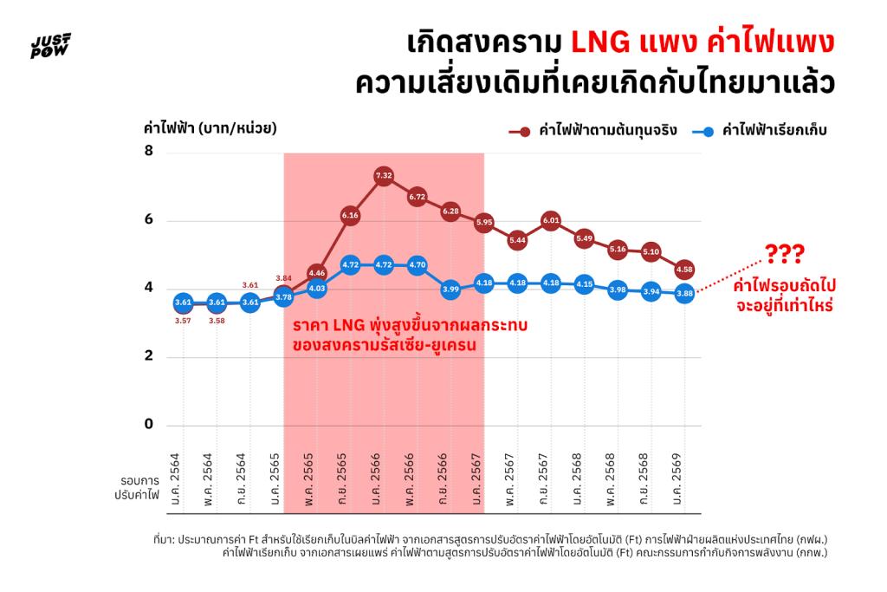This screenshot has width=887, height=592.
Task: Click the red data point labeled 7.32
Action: pos(384,176)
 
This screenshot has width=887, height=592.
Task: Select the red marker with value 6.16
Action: pos(350,215)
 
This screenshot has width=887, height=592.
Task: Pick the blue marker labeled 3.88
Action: pos(684,294)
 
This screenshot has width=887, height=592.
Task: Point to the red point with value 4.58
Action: pos(684,270)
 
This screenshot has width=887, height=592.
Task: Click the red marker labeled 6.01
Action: pos(551,220)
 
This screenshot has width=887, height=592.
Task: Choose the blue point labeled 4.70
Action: pos(417,265)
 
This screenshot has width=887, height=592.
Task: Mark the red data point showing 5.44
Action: pos(517,239)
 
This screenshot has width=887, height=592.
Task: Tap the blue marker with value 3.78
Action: pos(283,296)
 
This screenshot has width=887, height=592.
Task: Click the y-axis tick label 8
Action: pos(149,152)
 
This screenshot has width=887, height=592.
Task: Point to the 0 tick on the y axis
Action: pos(149,425)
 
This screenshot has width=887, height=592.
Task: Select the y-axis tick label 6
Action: pos(149,219)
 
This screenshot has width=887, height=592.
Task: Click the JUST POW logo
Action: pos(51,46)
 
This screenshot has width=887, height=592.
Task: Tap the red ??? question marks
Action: pos(785,254)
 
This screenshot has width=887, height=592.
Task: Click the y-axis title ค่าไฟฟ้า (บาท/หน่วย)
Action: pos(210,128)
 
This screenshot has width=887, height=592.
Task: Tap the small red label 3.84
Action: pos(283,278)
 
